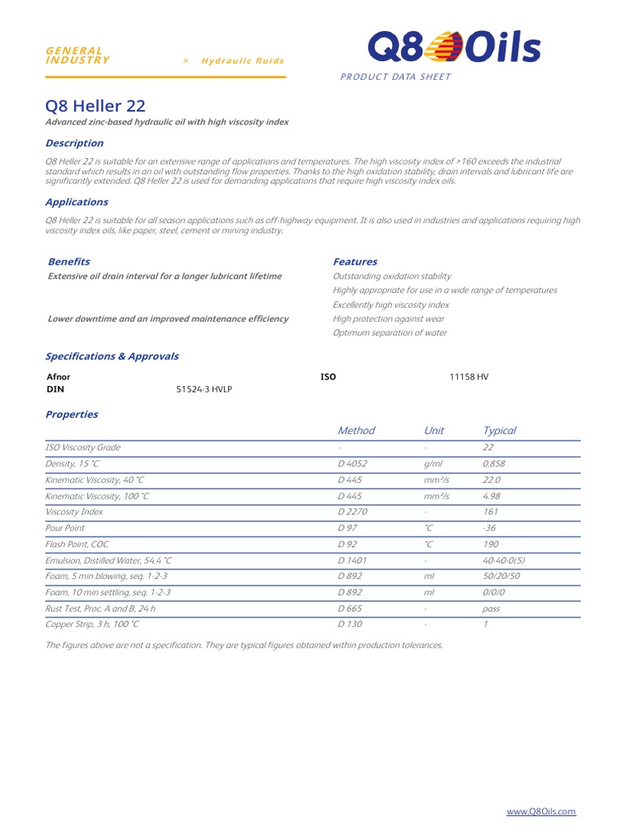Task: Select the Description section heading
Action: point(74,143)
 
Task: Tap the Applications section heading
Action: point(77,202)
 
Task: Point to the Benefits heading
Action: point(69,261)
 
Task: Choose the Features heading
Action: point(355,261)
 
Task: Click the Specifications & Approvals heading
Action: point(112,356)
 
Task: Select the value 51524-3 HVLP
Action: point(204,389)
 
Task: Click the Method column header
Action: point(356,430)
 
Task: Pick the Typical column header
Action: point(499,430)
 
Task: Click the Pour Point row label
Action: point(65,528)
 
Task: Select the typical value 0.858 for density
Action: point(494,463)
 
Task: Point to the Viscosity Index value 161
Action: point(490,511)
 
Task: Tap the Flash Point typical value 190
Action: point(491,543)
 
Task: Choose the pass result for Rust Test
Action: point(492,608)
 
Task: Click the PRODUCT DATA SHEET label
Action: point(395,77)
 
